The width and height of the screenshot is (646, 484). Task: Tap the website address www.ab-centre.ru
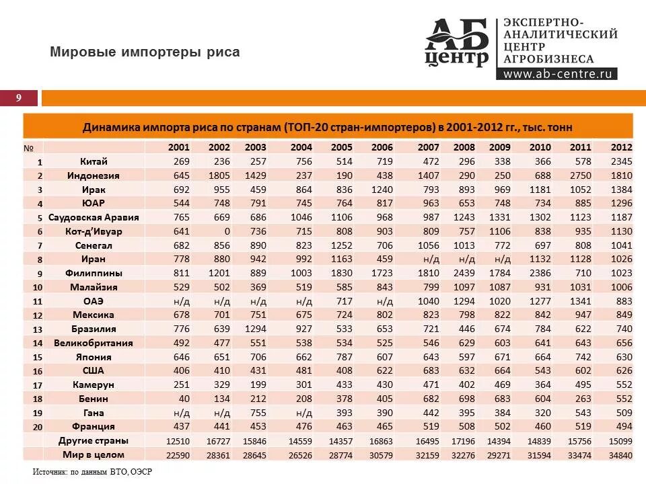click(x=557, y=74)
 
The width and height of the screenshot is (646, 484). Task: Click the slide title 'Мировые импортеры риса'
click(x=145, y=52)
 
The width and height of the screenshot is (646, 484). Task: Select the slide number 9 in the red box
click(x=19, y=98)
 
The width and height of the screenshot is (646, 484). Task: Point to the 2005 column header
click(x=342, y=147)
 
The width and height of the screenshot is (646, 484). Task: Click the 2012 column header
click(x=622, y=147)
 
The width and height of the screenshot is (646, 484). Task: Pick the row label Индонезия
click(x=94, y=175)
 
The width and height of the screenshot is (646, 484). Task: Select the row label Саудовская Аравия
click(x=94, y=217)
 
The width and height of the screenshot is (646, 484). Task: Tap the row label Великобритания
click(x=94, y=343)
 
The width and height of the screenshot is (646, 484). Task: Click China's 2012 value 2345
click(x=622, y=161)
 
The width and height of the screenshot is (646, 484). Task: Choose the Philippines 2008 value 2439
click(x=464, y=273)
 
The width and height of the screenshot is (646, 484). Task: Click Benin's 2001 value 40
click(x=184, y=399)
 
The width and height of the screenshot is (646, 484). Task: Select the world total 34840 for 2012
click(x=620, y=455)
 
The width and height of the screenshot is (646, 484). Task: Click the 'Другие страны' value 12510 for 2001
click(x=178, y=441)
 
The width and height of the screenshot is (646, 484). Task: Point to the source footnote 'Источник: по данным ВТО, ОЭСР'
click(x=93, y=472)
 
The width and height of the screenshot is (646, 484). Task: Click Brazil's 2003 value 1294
click(x=255, y=329)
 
